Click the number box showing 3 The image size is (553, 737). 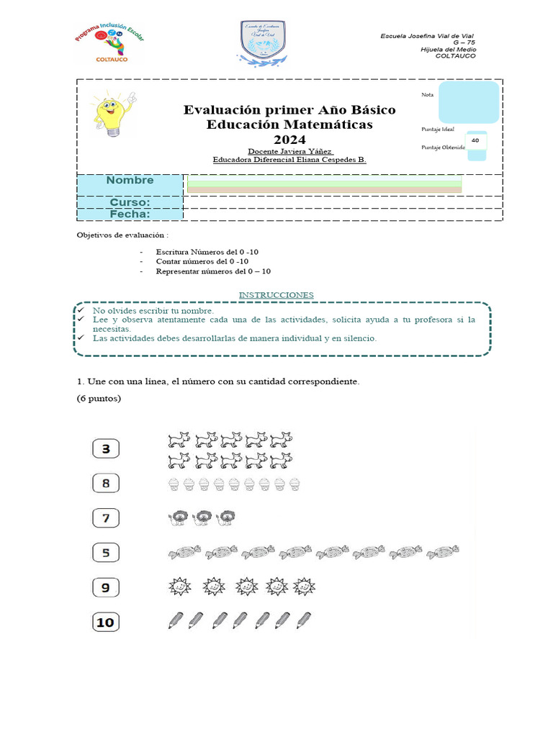click(x=106, y=449)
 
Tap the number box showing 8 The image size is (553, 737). click(x=106, y=483)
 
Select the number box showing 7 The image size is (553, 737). click(x=106, y=517)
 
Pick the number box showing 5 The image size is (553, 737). click(x=106, y=553)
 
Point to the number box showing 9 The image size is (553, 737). click(x=106, y=587)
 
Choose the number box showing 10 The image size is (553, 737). click(x=106, y=622)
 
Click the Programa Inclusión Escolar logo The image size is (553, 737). click(x=110, y=42)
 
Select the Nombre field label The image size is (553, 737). click(x=130, y=181)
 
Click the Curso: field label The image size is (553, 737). click(x=130, y=203)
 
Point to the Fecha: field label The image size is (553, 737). click(x=130, y=214)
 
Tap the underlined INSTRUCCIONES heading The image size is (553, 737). click(x=276, y=295)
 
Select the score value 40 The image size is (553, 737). click(x=475, y=140)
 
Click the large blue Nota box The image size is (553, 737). click(x=468, y=101)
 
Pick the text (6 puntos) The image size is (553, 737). click(x=99, y=399)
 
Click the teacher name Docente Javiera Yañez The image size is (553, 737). click(x=289, y=151)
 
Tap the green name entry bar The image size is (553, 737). click(x=324, y=185)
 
